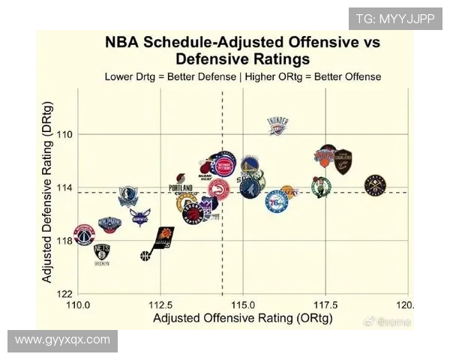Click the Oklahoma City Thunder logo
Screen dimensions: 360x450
277,126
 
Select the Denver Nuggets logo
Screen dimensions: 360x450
375,185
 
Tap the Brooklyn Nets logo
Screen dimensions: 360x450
102,253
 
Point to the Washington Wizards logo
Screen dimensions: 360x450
85,234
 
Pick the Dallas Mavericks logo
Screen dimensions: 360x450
128,196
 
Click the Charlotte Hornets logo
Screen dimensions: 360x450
139,217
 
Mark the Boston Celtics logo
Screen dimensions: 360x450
321,187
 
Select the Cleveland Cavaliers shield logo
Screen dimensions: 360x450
343,162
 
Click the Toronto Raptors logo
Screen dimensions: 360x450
193,215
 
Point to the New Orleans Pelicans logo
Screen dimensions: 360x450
109,223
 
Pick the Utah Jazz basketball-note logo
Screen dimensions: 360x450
145,256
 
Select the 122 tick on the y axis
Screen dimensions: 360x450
67,294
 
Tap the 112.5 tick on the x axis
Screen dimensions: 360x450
160,305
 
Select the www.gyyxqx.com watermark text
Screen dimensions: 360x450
62,340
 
